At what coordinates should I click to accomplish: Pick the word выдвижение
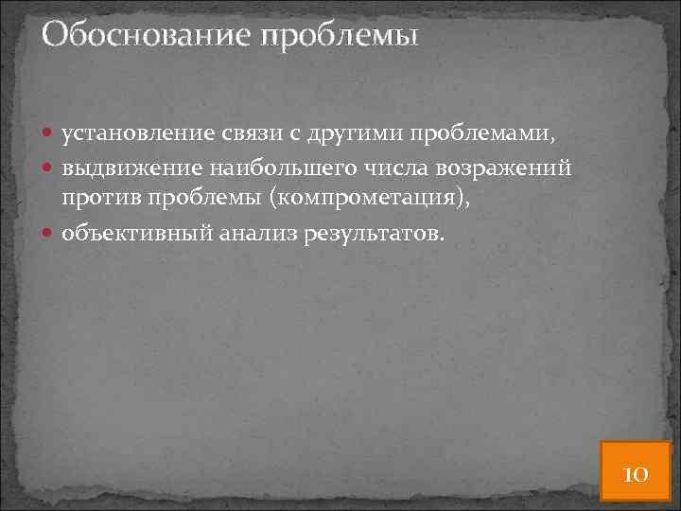tap(128, 168)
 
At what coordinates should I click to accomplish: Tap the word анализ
tap(254, 233)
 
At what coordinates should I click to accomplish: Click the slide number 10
tap(635, 473)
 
